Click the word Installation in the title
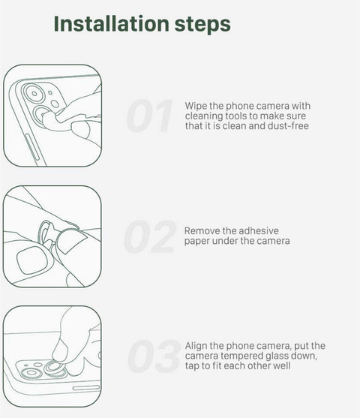coord(112,23)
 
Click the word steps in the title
coord(202,25)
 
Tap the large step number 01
coord(149,116)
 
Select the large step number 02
coord(150,236)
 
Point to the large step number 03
coord(154,356)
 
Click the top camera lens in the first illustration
coord(34,94)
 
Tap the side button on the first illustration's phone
coord(32,148)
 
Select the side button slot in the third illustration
coord(86,388)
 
